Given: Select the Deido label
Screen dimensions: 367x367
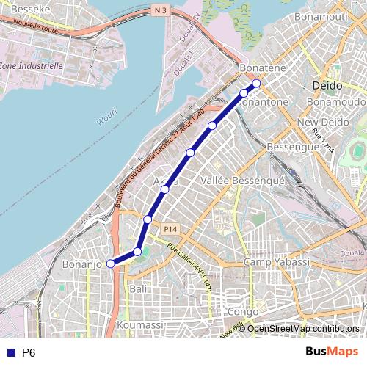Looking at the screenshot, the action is [x=327, y=85].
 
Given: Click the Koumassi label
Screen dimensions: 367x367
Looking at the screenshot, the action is [x=139, y=324].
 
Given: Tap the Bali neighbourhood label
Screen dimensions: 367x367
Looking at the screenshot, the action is [x=137, y=289].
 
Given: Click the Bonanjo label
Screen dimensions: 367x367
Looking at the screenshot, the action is [x=81, y=264].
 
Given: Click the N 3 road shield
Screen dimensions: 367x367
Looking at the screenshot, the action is [x=161, y=10].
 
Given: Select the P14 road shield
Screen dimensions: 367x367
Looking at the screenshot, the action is [x=171, y=228].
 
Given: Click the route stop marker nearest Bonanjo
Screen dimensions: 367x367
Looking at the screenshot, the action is [x=111, y=264].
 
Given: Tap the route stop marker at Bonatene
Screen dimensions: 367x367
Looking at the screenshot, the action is [x=256, y=83].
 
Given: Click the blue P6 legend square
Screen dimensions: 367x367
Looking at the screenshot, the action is [x=10, y=353].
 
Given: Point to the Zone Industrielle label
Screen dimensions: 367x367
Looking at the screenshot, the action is [x=31, y=65].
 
